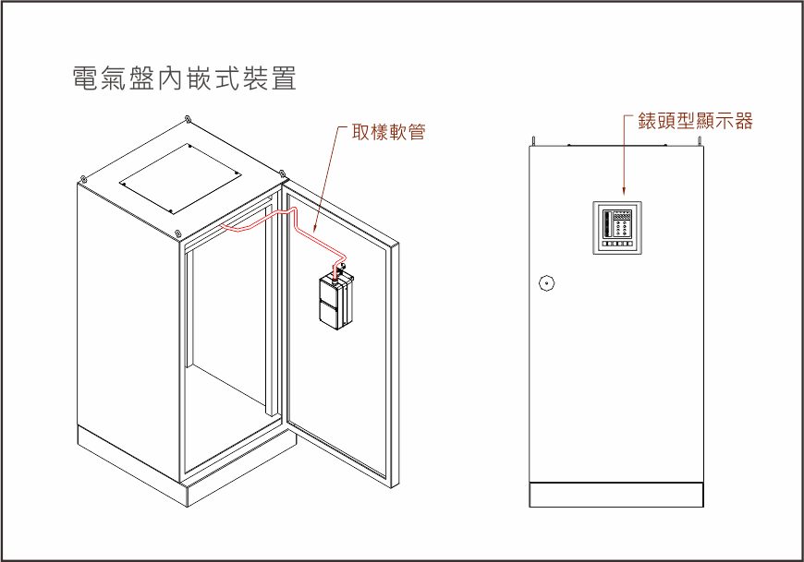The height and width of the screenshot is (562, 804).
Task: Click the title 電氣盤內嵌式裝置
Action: pyautogui.click(x=184, y=78)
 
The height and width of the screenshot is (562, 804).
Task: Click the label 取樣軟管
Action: pyautogui.click(x=389, y=131)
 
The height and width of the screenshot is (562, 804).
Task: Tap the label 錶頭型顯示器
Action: pyautogui.click(x=696, y=121)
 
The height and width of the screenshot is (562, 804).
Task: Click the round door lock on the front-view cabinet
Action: pyautogui.click(x=545, y=283)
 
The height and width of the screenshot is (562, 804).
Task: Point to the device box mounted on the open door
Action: pyautogui.click(x=335, y=301)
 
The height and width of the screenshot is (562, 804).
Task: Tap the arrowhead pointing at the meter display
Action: pyautogui.click(x=626, y=195)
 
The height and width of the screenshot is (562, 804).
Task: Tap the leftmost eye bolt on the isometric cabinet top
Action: pyautogui.click(x=84, y=178)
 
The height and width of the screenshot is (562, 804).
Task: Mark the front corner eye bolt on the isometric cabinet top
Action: pyautogui.click(x=177, y=232)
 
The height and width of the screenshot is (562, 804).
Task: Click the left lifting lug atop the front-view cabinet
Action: pyautogui.click(x=532, y=141)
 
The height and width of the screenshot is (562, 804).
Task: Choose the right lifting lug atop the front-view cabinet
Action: pyautogui.click(x=699, y=141)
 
